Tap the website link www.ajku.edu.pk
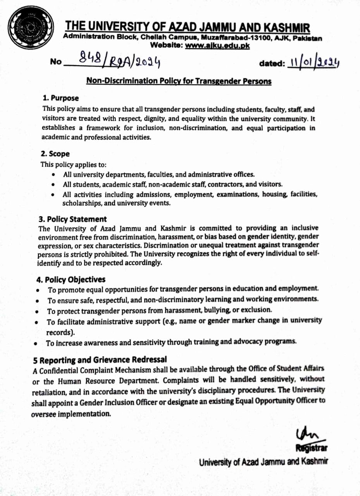217,46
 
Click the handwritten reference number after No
120,60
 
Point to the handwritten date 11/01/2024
314,62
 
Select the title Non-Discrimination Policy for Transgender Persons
179,81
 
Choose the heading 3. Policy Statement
72,219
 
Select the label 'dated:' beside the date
272,63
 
